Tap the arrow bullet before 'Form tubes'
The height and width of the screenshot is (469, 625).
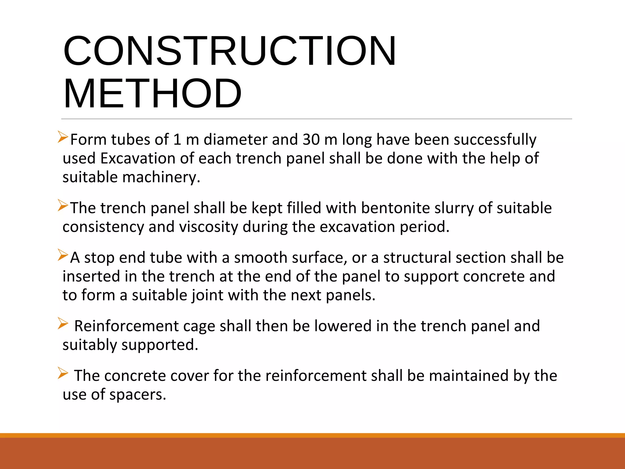pos(63,137)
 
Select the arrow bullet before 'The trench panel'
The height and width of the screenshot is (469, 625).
pos(63,205)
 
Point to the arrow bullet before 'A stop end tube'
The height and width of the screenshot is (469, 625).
pos(63,255)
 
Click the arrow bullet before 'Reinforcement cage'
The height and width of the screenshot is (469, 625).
pos(63,323)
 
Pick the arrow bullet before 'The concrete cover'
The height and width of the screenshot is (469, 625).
pos(63,373)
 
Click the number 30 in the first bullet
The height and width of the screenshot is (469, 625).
pos(311,140)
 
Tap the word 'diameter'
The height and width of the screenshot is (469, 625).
pos(235,140)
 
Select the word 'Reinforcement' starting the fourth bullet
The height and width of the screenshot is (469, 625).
pos(126,326)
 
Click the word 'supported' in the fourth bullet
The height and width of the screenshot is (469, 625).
pos(160,345)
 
